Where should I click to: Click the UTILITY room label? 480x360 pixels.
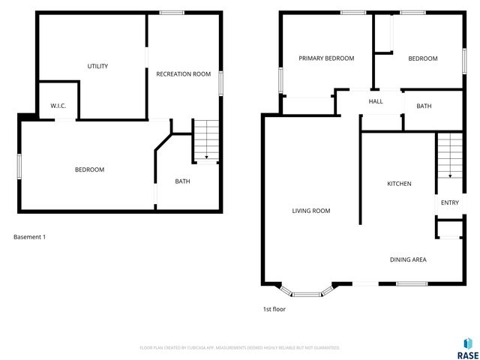97,66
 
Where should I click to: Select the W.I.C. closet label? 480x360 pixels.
58,106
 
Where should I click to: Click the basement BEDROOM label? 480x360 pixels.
89,169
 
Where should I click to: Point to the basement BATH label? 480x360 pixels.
182,181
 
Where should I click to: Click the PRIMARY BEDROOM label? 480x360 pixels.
326,58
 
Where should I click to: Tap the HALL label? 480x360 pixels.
376,102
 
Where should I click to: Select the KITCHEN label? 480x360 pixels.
399,184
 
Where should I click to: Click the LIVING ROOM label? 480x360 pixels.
311,211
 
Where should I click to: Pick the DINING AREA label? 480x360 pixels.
408,259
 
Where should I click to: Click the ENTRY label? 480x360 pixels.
450,202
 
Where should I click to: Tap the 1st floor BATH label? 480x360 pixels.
424,106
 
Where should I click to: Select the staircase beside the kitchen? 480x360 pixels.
449,154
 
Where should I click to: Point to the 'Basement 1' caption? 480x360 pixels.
30,237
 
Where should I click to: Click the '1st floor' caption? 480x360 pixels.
274,309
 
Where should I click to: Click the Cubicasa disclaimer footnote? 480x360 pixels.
240,348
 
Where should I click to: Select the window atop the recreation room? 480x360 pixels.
172,12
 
